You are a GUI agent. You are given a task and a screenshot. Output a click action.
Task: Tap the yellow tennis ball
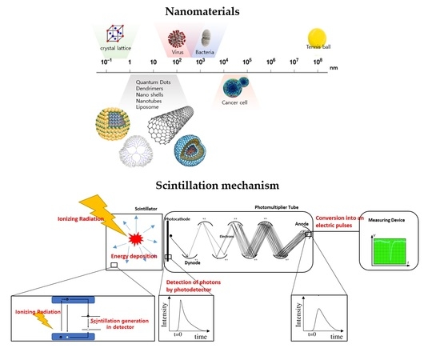318,38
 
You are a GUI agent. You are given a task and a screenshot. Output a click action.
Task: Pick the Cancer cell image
238,86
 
